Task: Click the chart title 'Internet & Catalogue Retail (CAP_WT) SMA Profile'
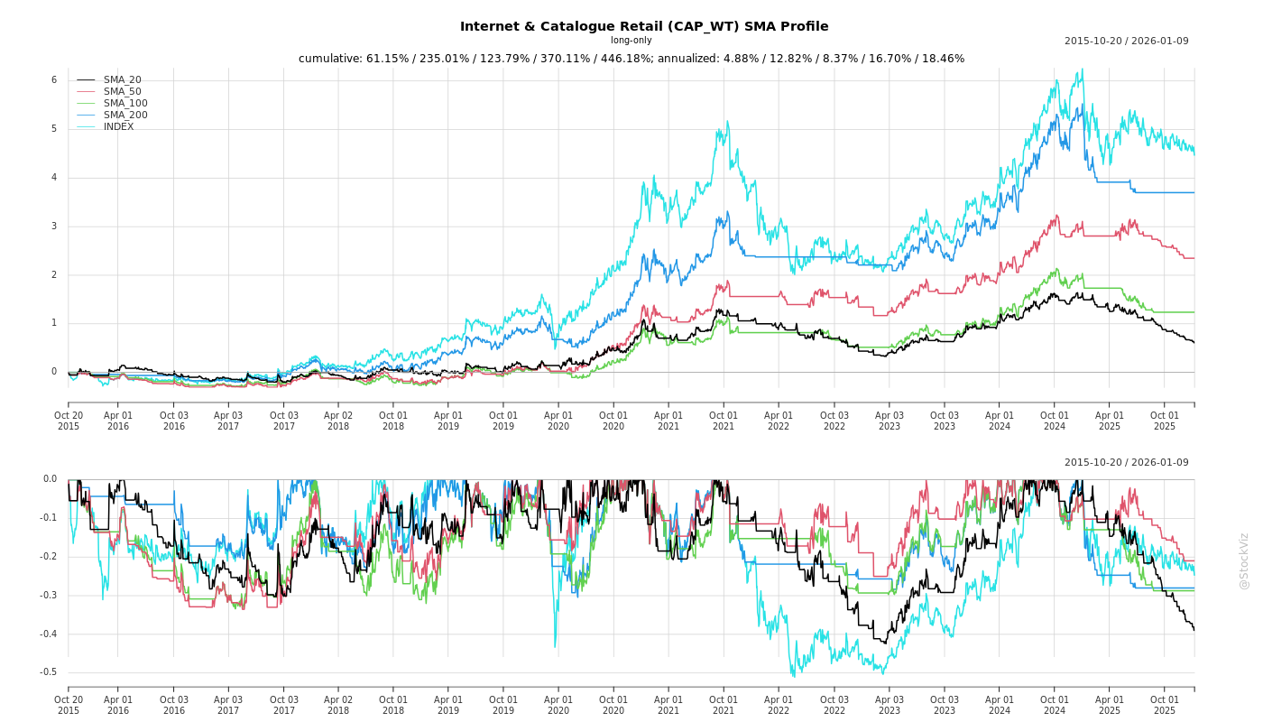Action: coord(644,26)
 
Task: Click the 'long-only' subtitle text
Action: coord(631,41)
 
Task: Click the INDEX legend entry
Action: coord(118,127)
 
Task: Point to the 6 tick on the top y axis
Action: coord(54,80)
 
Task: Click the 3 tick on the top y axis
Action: coord(54,227)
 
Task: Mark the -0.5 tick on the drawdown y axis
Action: coord(48,672)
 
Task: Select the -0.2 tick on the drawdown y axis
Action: coord(48,557)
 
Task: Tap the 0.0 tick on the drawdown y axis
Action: coord(50,479)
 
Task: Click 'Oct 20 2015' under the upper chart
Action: coord(69,421)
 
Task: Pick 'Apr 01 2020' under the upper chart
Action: coord(558,421)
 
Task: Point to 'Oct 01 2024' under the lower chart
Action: coord(1054,705)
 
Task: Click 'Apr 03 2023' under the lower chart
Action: coord(890,705)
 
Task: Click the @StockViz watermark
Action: coord(1244,560)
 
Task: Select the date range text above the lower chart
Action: coord(1126,463)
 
